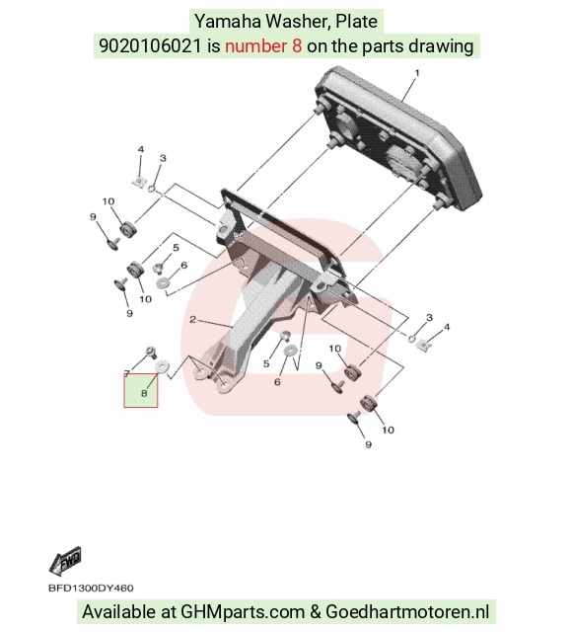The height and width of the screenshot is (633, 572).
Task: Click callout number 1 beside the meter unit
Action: (x=417, y=73)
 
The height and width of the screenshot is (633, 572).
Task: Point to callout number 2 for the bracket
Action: (x=192, y=320)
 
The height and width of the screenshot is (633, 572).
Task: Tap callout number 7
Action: (x=126, y=372)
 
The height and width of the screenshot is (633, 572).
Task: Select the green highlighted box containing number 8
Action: (x=141, y=390)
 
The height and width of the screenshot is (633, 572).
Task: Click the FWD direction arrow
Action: (x=65, y=561)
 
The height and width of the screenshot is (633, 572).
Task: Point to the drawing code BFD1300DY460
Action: (x=91, y=589)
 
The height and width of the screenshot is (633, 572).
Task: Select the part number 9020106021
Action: (x=150, y=46)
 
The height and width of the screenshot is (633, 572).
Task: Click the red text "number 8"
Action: (x=263, y=46)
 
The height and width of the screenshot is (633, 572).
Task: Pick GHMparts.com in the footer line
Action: (x=243, y=611)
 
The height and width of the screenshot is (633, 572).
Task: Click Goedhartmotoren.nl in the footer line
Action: (x=407, y=611)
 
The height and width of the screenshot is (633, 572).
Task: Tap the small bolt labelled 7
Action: (x=151, y=352)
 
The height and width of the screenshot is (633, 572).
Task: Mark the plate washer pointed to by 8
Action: (x=163, y=367)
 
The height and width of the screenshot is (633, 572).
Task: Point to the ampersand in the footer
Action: (x=316, y=611)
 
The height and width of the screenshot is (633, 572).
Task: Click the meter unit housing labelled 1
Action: (x=398, y=139)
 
